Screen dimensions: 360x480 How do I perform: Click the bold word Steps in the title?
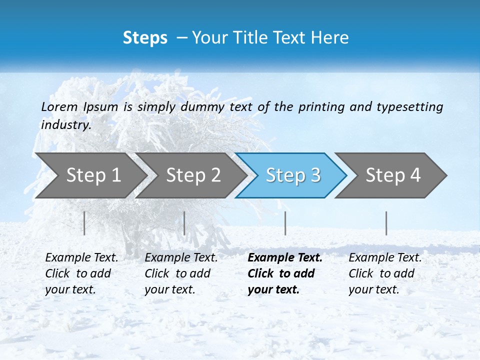tap(145, 38)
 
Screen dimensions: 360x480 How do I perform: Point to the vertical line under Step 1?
tap(84, 223)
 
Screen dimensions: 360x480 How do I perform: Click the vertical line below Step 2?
tap(184, 223)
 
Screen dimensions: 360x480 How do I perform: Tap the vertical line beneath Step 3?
tap(285, 223)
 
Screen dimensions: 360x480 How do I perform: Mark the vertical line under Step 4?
tap(386, 223)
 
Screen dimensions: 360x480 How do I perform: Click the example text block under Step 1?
tap(81, 273)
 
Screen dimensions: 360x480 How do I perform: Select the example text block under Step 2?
tap(181, 273)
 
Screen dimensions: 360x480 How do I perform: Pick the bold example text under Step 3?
tap(285, 273)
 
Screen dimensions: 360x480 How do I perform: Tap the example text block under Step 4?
tap(385, 273)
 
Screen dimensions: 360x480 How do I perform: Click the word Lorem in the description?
tap(59, 107)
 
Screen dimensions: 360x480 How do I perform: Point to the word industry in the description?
tap(65, 125)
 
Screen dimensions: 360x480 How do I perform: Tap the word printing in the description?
tap(321, 107)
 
